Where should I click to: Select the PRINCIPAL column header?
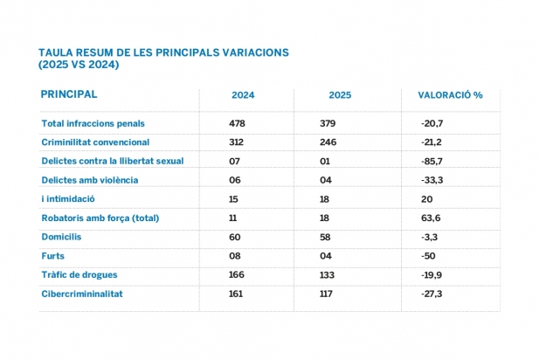click(69, 94)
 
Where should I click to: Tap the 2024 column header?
click(243, 95)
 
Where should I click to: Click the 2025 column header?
click(340, 95)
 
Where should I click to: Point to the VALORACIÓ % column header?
click(450, 95)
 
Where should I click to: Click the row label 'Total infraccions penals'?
click(93, 123)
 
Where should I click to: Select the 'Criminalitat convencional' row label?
click(96, 142)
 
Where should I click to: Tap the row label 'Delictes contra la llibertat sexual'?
click(113, 161)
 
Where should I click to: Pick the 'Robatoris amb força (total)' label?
click(102, 218)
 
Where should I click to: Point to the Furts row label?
click(53, 256)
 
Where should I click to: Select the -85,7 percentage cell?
click(433, 161)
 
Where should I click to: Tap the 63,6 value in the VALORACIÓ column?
click(431, 218)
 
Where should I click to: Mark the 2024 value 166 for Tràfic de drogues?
click(236, 275)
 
